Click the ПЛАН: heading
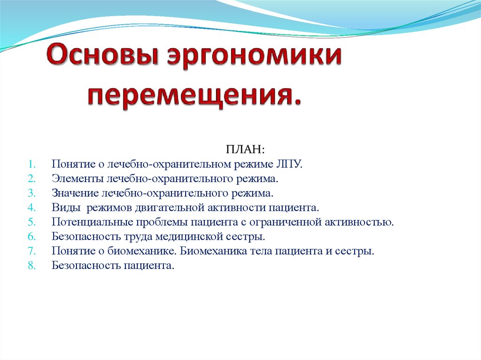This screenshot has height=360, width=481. pyautogui.click(x=245, y=149)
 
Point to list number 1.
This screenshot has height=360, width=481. pyautogui.click(x=32, y=164)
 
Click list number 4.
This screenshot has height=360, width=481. pyautogui.click(x=32, y=207)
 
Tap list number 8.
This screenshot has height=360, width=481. pyautogui.click(x=32, y=265)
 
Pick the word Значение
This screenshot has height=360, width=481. pyautogui.click(x=75, y=193)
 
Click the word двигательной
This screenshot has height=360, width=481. pyautogui.click(x=170, y=207)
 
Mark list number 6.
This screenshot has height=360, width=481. pyautogui.click(x=32, y=237)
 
